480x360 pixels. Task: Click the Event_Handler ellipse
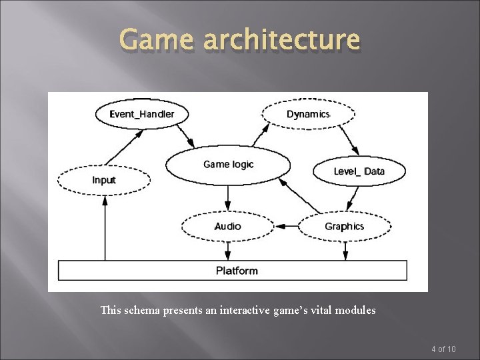[x=142, y=114]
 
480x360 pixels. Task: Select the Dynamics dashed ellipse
[x=308, y=114]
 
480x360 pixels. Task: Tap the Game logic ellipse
[x=228, y=165]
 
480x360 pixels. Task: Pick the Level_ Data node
[x=359, y=171]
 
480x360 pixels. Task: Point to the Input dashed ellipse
[x=103, y=180]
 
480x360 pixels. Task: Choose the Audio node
[x=228, y=227]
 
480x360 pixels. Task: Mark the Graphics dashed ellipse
[x=344, y=227]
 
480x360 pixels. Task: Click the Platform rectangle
[x=233, y=270]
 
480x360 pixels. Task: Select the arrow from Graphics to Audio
[x=287, y=227]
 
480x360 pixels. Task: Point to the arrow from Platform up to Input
[x=104, y=227]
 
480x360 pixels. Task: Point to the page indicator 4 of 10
[x=443, y=349]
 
